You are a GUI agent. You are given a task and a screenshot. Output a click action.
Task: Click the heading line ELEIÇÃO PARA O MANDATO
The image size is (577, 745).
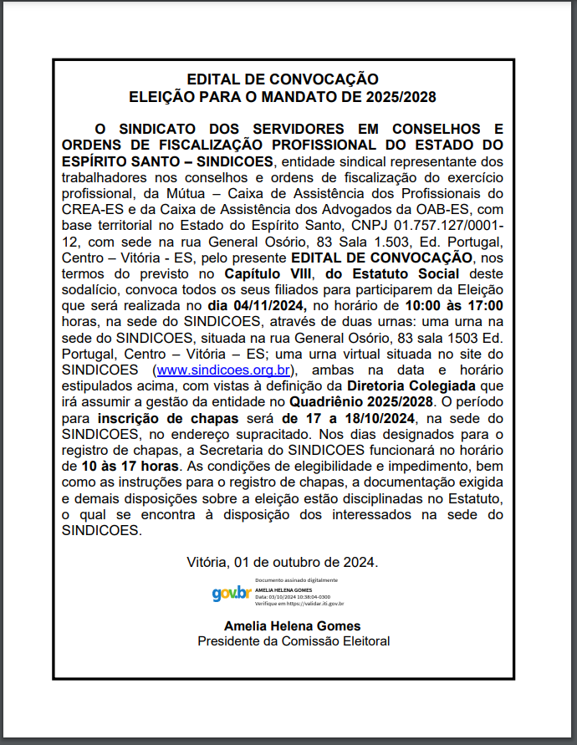[283, 98]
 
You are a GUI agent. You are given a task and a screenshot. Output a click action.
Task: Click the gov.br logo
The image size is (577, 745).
[232, 593]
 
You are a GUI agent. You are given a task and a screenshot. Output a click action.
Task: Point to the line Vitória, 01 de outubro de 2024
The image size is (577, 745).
[283, 562]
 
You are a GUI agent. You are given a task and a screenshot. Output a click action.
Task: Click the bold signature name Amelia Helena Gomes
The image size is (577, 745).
[293, 625]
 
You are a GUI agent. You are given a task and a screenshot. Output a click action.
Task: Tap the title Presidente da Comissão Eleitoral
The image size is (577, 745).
[294, 641]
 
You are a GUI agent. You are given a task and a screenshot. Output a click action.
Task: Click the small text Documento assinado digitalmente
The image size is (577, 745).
[296, 580]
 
